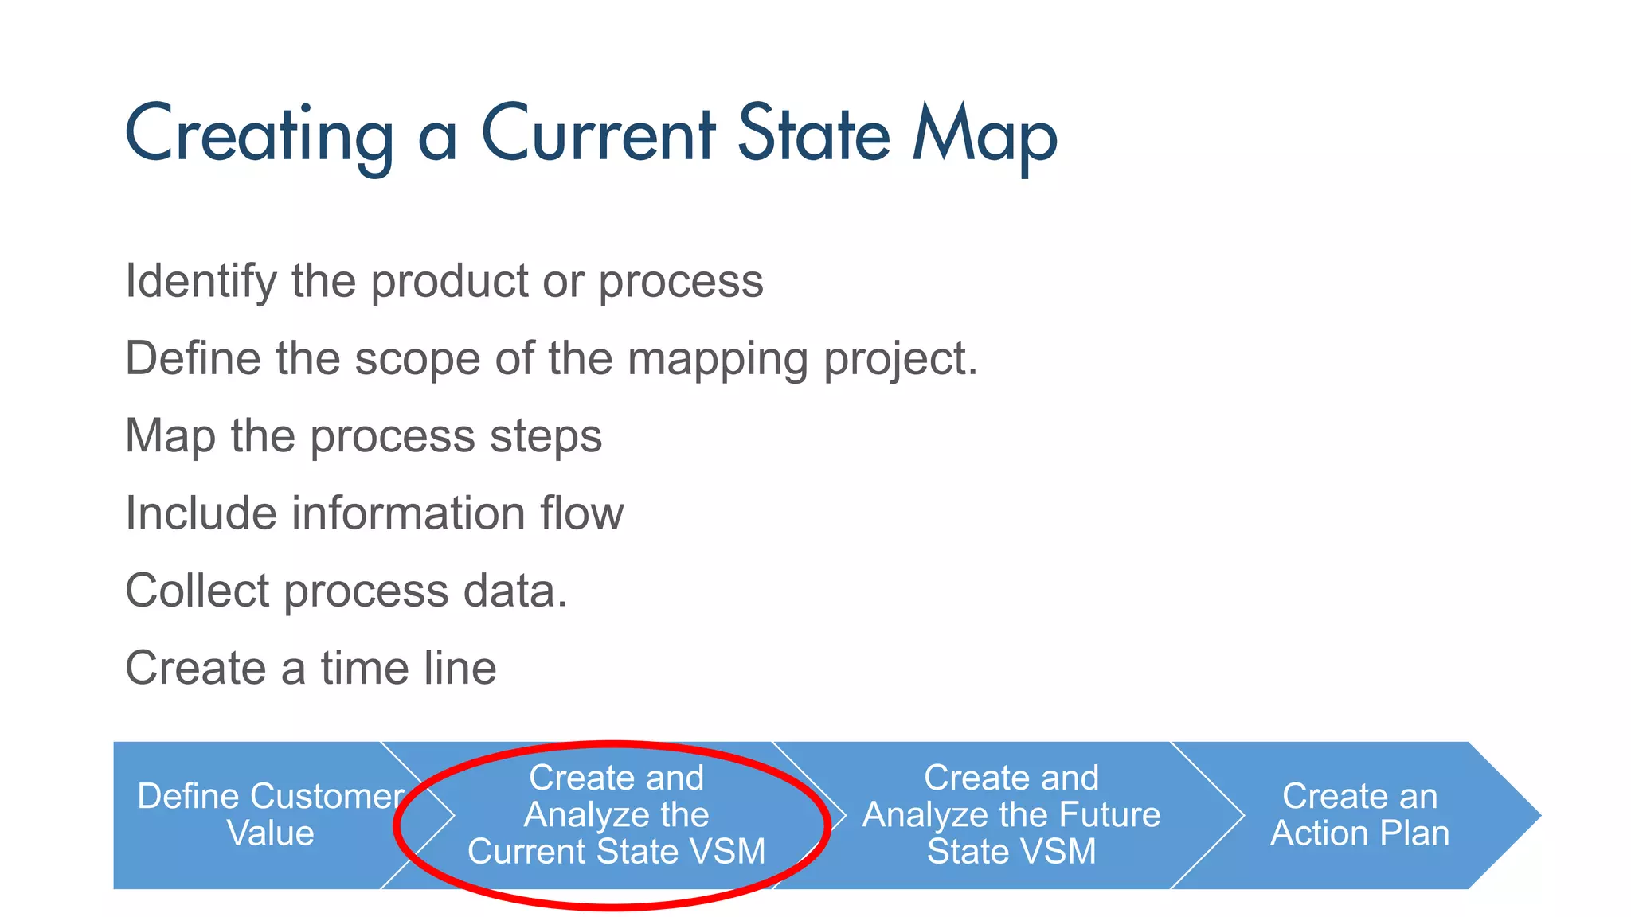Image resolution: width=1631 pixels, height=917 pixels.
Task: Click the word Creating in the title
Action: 260,135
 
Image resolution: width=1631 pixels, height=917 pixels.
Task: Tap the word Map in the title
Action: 984,135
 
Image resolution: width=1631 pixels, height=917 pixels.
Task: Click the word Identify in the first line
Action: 201,282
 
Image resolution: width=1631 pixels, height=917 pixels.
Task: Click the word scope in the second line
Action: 417,359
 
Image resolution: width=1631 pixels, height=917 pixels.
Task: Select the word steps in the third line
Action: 546,437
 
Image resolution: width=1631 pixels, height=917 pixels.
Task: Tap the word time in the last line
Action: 365,668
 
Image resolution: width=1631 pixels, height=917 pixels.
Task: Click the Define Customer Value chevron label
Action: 270,815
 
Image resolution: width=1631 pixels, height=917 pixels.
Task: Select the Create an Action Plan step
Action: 1359,815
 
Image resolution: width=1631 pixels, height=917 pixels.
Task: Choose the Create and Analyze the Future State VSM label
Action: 1011,815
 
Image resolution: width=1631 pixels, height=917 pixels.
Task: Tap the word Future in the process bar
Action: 1110,815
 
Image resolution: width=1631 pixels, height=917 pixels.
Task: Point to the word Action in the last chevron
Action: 1319,833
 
